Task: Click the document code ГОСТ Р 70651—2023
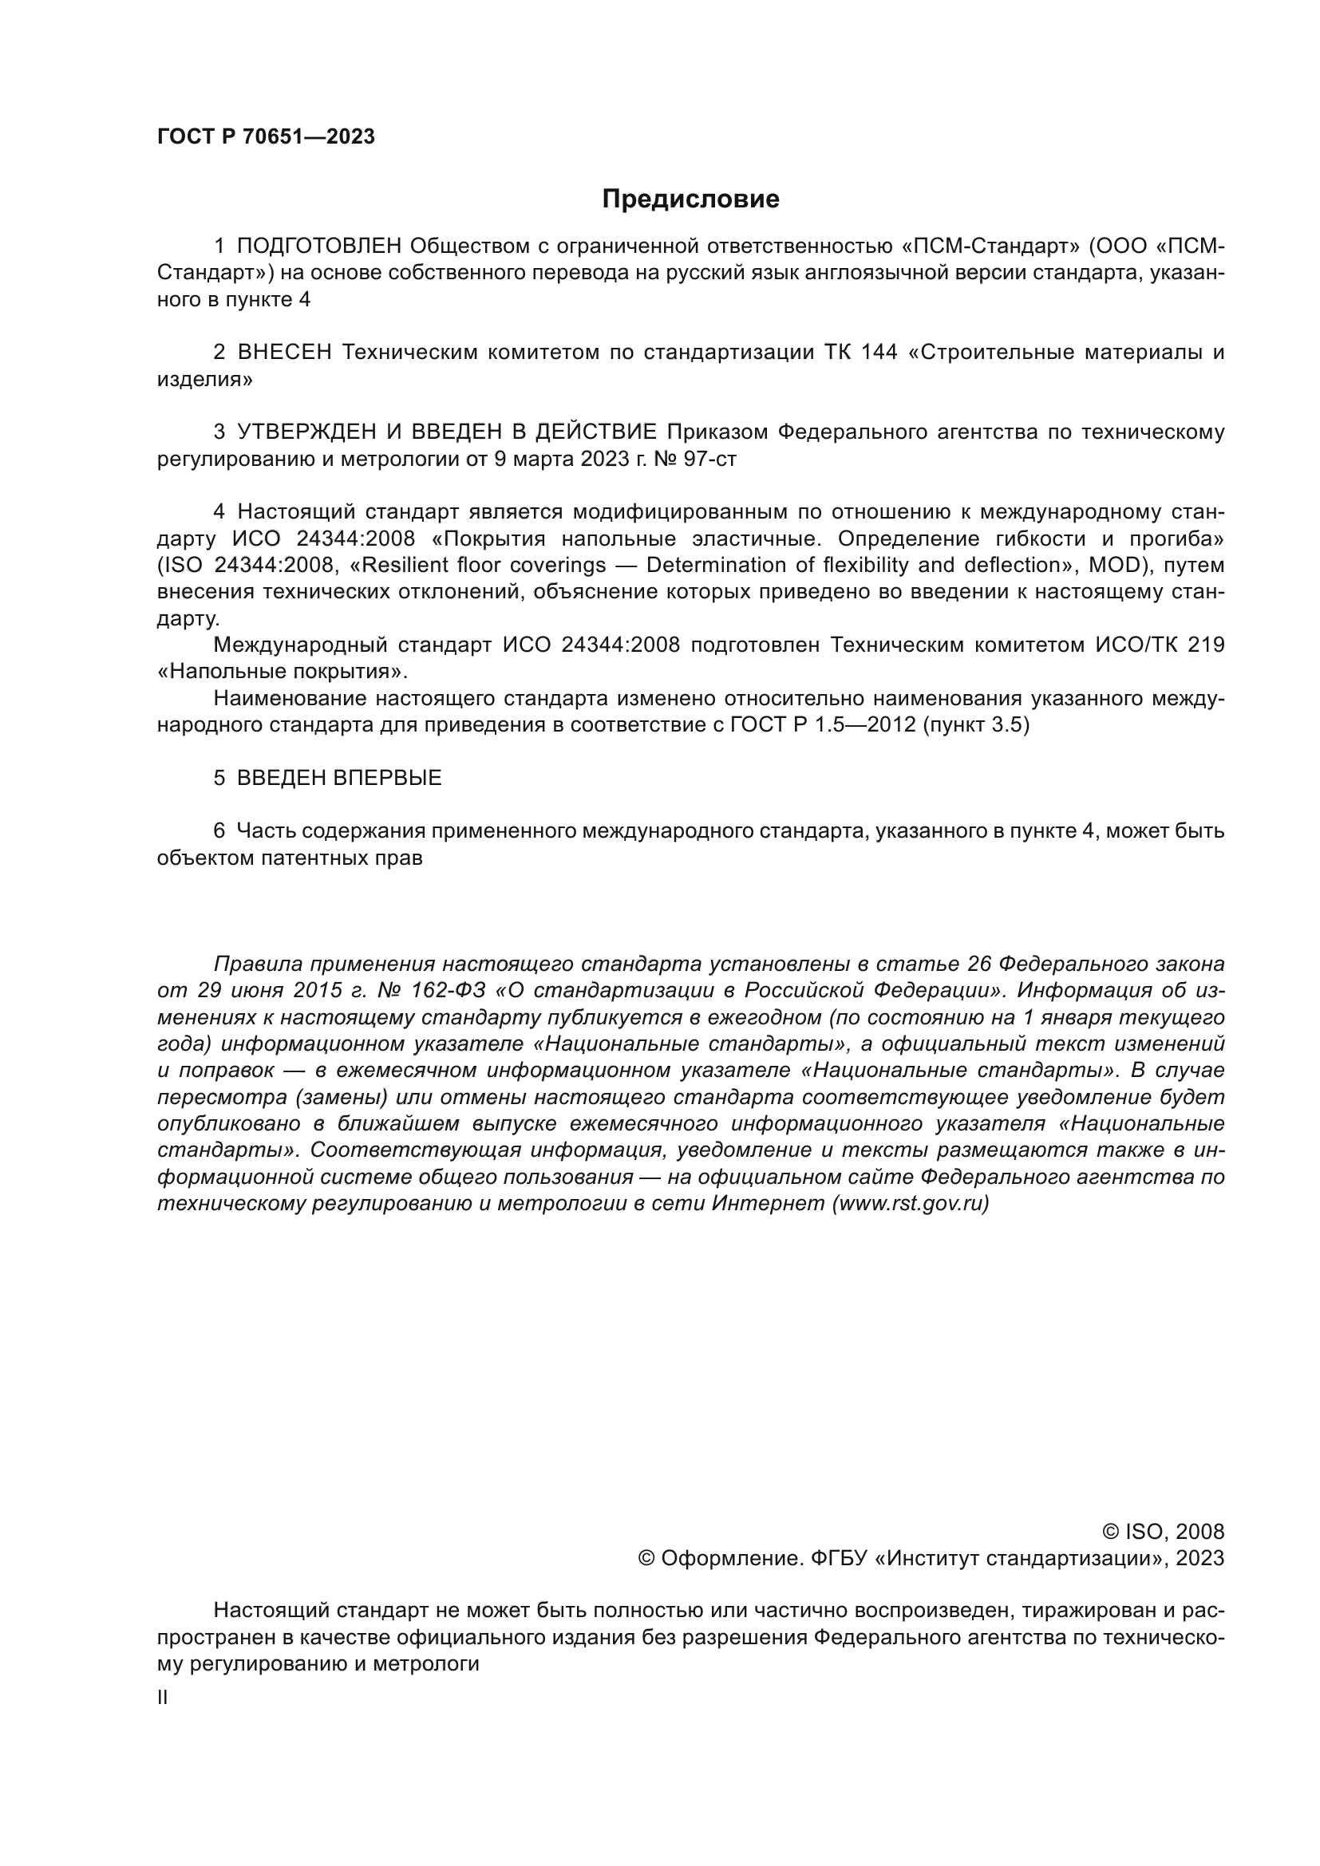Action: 266,136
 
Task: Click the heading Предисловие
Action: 690,199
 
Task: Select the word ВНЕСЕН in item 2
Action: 284,352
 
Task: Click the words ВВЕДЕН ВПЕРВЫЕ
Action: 339,778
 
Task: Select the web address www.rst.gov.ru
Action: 911,1204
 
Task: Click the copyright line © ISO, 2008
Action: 1163,1532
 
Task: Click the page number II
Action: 163,1698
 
